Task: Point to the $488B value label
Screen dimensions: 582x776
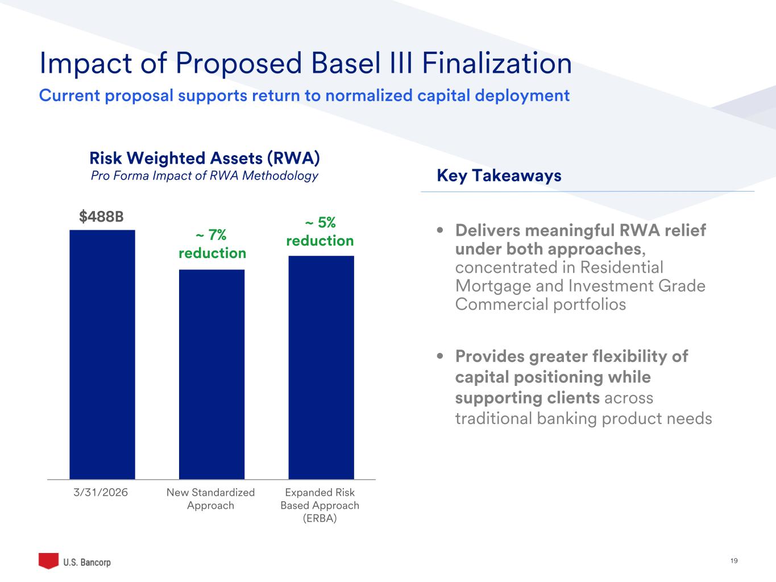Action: (x=101, y=217)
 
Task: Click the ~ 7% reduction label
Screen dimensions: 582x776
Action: (x=212, y=244)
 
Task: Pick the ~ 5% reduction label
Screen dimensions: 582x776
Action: (x=320, y=232)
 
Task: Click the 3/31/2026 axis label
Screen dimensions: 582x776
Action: (x=101, y=492)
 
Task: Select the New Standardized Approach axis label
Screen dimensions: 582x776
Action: (x=210, y=499)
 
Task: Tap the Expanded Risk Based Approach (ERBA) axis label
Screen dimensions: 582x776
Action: (x=320, y=505)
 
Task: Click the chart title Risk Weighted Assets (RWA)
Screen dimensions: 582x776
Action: (x=205, y=157)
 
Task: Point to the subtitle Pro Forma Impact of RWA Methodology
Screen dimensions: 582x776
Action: (x=205, y=176)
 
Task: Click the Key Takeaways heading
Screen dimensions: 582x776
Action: (x=499, y=176)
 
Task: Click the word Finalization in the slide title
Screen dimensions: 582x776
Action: (x=496, y=63)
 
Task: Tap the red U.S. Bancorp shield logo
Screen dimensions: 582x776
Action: (x=48, y=560)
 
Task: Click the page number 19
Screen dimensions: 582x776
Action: (x=733, y=561)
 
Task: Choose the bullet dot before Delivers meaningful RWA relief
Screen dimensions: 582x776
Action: (x=440, y=231)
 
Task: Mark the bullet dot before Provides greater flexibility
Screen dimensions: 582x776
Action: (x=440, y=357)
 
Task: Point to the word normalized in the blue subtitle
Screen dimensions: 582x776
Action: (x=370, y=95)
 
